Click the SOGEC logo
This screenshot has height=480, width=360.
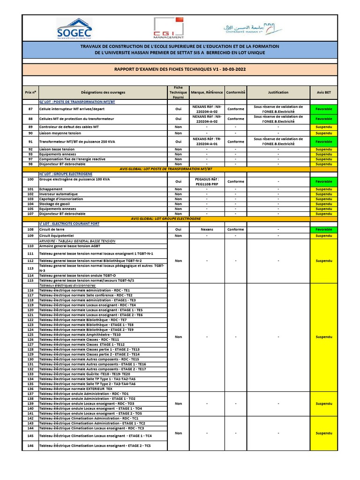tap(74, 29)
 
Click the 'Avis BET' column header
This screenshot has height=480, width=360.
tap(323, 92)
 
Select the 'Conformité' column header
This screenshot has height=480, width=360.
tap(236, 92)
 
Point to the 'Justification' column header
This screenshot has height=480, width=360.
tap(278, 92)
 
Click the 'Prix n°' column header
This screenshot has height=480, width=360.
tap(30, 92)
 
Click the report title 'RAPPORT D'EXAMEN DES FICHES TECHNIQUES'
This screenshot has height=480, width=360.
tap(180, 69)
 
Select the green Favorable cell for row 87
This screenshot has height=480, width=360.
tap(323, 109)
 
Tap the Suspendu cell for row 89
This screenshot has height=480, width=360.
tap(323, 127)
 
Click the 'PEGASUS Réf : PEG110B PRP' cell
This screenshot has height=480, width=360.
tap(207, 182)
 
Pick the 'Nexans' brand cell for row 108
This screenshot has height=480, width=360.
tap(207, 230)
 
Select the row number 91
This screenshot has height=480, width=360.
tap(30, 142)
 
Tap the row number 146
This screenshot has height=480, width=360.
tap(30, 445)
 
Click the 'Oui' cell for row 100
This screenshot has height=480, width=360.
tap(178, 182)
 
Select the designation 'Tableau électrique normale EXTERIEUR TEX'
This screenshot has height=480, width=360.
tap(76, 389)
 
